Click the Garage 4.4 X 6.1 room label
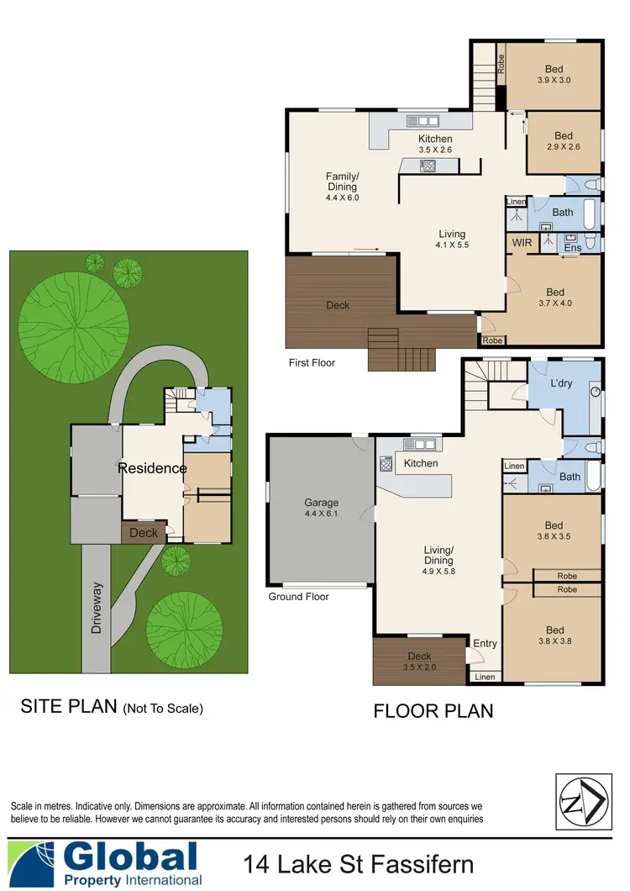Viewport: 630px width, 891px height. pyautogui.click(x=320, y=509)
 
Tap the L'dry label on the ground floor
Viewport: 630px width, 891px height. pyautogui.click(x=562, y=384)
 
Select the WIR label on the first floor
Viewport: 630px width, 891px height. pyautogui.click(x=522, y=243)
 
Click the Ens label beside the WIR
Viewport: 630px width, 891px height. pyautogui.click(x=573, y=248)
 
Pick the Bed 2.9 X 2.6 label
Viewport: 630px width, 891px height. pyautogui.click(x=564, y=140)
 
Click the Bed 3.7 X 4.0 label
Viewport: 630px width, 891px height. pyautogui.click(x=554, y=298)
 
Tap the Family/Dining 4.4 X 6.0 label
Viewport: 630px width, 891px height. pyautogui.click(x=342, y=187)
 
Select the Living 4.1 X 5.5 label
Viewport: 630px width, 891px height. pyautogui.click(x=452, y=240)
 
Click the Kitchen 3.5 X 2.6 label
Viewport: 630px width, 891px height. pyautogui.click(x=435, y=144)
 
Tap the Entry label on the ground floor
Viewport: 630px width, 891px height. pyautogui.click(x=485, y=644)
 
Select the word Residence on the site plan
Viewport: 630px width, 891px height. pyautogui.click(x=151, y=468)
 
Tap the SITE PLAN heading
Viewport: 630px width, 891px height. pyautogui.click(x=112, y=706)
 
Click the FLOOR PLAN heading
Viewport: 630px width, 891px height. pyautogui.click(x=433, y=711)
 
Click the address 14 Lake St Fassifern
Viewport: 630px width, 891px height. pyautogui.click(x=359, y=864)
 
